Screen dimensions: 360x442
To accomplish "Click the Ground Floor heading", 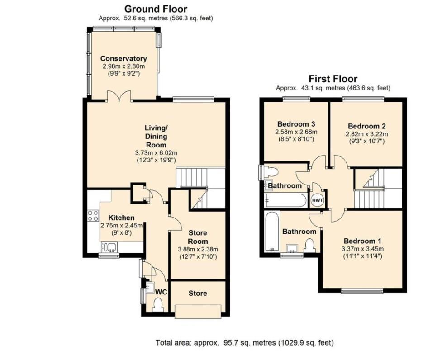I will (x=156, y=9).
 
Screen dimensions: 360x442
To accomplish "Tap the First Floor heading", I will (x=333, y=79).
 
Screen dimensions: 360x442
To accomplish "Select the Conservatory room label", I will (x=124, y=58).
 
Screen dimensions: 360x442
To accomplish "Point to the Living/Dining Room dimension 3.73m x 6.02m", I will (x=156, y=152).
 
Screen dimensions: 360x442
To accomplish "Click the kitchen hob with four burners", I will (x=93, y=216).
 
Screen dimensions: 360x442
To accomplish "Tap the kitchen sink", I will (x=109, y=246).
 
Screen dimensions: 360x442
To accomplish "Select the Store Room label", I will (x=197, y=237).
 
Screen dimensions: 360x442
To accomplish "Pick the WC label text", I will (x=161, y=292).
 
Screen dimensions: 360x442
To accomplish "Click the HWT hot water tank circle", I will (x=316, y=199).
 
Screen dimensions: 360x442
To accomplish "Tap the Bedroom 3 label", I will (x=296, y=123).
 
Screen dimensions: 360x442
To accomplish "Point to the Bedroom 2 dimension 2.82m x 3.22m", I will (x=367, y=134).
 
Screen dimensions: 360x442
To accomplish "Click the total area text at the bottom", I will (x=245, y=342).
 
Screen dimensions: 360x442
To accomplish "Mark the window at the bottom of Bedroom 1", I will (x=362, y=290).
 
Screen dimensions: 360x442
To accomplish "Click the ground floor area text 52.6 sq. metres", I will (x=156, y=19).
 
